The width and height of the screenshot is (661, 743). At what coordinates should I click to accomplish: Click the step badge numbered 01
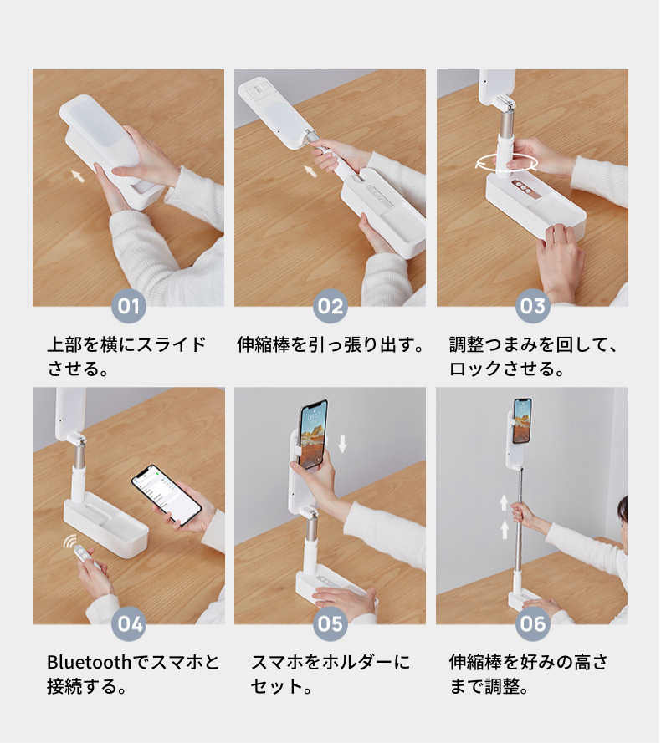[x=129, y=306]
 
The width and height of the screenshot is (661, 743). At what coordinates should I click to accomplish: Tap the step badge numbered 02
[x=330, y=306]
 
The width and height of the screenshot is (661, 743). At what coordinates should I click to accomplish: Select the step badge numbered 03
[x=533, y=306]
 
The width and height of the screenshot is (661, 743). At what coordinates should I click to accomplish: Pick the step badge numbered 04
[x=129, y=624]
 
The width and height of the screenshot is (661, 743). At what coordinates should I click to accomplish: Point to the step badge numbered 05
[x=330, y=624]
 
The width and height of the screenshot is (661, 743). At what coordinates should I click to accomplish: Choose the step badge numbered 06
[x=533, y=624]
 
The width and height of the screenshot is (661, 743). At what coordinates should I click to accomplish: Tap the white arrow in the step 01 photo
[x=79, y=176]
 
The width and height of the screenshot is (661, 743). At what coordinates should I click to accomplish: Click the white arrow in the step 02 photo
[x=310, y=170]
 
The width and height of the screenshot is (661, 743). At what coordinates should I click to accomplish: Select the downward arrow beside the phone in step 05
[x=342, y=444]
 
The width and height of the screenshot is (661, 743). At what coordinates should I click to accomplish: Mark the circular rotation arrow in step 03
[x=507, y=163]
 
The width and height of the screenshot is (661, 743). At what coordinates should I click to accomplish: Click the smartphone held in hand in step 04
[x=167, y=494]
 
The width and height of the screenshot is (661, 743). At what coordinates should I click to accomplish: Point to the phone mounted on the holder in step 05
[x=313, y=434]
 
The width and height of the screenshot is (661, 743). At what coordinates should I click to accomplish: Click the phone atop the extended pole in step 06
[x=522, y=420]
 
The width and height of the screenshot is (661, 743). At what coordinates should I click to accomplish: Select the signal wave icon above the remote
[x=70, y=542]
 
